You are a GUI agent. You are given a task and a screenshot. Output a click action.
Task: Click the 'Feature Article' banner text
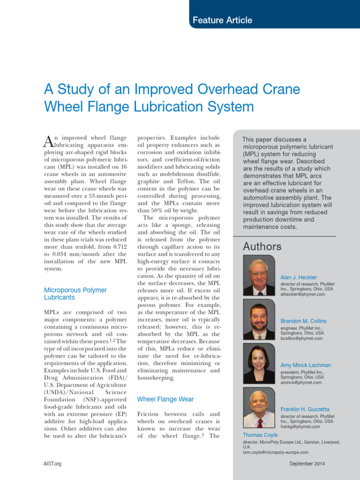(222, 20)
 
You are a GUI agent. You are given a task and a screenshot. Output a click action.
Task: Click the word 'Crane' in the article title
(279, 89)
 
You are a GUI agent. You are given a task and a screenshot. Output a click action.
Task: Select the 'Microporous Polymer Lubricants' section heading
(75, 293)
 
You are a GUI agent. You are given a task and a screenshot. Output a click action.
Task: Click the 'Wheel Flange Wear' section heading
(165, 399)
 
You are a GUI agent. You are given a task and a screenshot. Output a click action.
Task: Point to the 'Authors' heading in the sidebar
(262, 247)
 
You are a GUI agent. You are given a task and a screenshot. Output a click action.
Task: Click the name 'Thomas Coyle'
(260, 435)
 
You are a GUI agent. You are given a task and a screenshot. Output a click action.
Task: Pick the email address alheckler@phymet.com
(302, 294)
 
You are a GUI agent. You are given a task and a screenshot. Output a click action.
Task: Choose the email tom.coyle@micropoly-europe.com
(275, 452)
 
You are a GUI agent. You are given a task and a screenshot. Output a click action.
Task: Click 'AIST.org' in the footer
(52, 464)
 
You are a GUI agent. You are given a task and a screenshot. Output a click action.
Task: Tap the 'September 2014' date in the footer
(307, 464)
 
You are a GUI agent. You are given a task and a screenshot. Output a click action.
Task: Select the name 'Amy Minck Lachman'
(306, 365)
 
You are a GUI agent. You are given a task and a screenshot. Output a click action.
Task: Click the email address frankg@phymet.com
(300, 427)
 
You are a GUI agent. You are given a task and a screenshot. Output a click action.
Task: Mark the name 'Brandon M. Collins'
(303, 321)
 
